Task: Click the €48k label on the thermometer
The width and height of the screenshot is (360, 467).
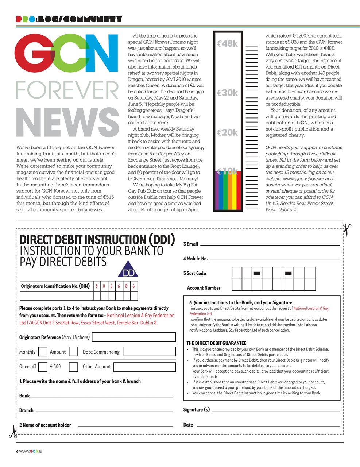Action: coord(227,44)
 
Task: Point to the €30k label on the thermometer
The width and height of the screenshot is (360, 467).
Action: coord(227,93)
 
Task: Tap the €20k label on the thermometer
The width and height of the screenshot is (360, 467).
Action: coord(227,132)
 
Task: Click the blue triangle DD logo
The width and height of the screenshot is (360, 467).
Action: coord(128,269)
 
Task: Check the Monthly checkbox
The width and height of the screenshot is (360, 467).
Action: coord(43,352)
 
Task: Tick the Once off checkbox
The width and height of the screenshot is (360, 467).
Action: coord(43,367)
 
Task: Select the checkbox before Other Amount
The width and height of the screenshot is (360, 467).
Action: coord(73,367)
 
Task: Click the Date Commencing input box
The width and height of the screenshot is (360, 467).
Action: coord(150,352)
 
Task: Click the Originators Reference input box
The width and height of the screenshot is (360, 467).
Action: coord(134,337)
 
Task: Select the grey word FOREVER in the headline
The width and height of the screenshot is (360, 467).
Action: coord(67,90)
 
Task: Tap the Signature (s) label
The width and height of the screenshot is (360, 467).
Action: coord(197,410)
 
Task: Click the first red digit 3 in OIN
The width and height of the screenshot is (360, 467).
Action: coord(97,286)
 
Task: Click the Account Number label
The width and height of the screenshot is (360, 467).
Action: coord(204,288)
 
